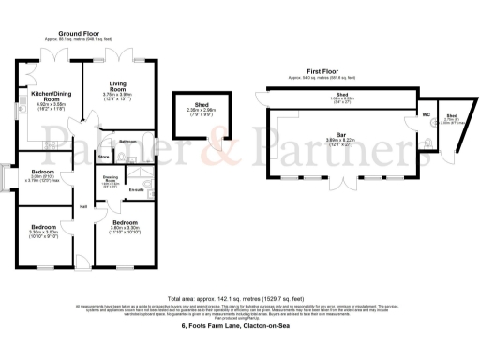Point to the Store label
(104, 157)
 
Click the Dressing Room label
(109, 176)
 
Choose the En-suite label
(135, 191)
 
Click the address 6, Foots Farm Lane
(235, 326)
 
